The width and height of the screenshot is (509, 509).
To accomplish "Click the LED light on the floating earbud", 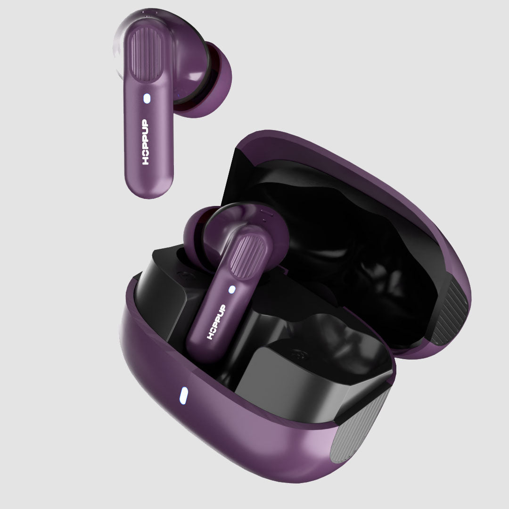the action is point(147,99).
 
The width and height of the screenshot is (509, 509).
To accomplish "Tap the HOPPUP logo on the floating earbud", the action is point(146,142).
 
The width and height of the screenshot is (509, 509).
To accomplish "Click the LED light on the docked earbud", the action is point(232,289).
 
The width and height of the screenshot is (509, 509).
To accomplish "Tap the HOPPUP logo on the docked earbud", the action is point(216,322).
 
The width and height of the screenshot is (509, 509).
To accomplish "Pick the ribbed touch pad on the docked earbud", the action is point(248,256).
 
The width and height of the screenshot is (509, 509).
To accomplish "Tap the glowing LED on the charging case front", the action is point(183,395).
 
